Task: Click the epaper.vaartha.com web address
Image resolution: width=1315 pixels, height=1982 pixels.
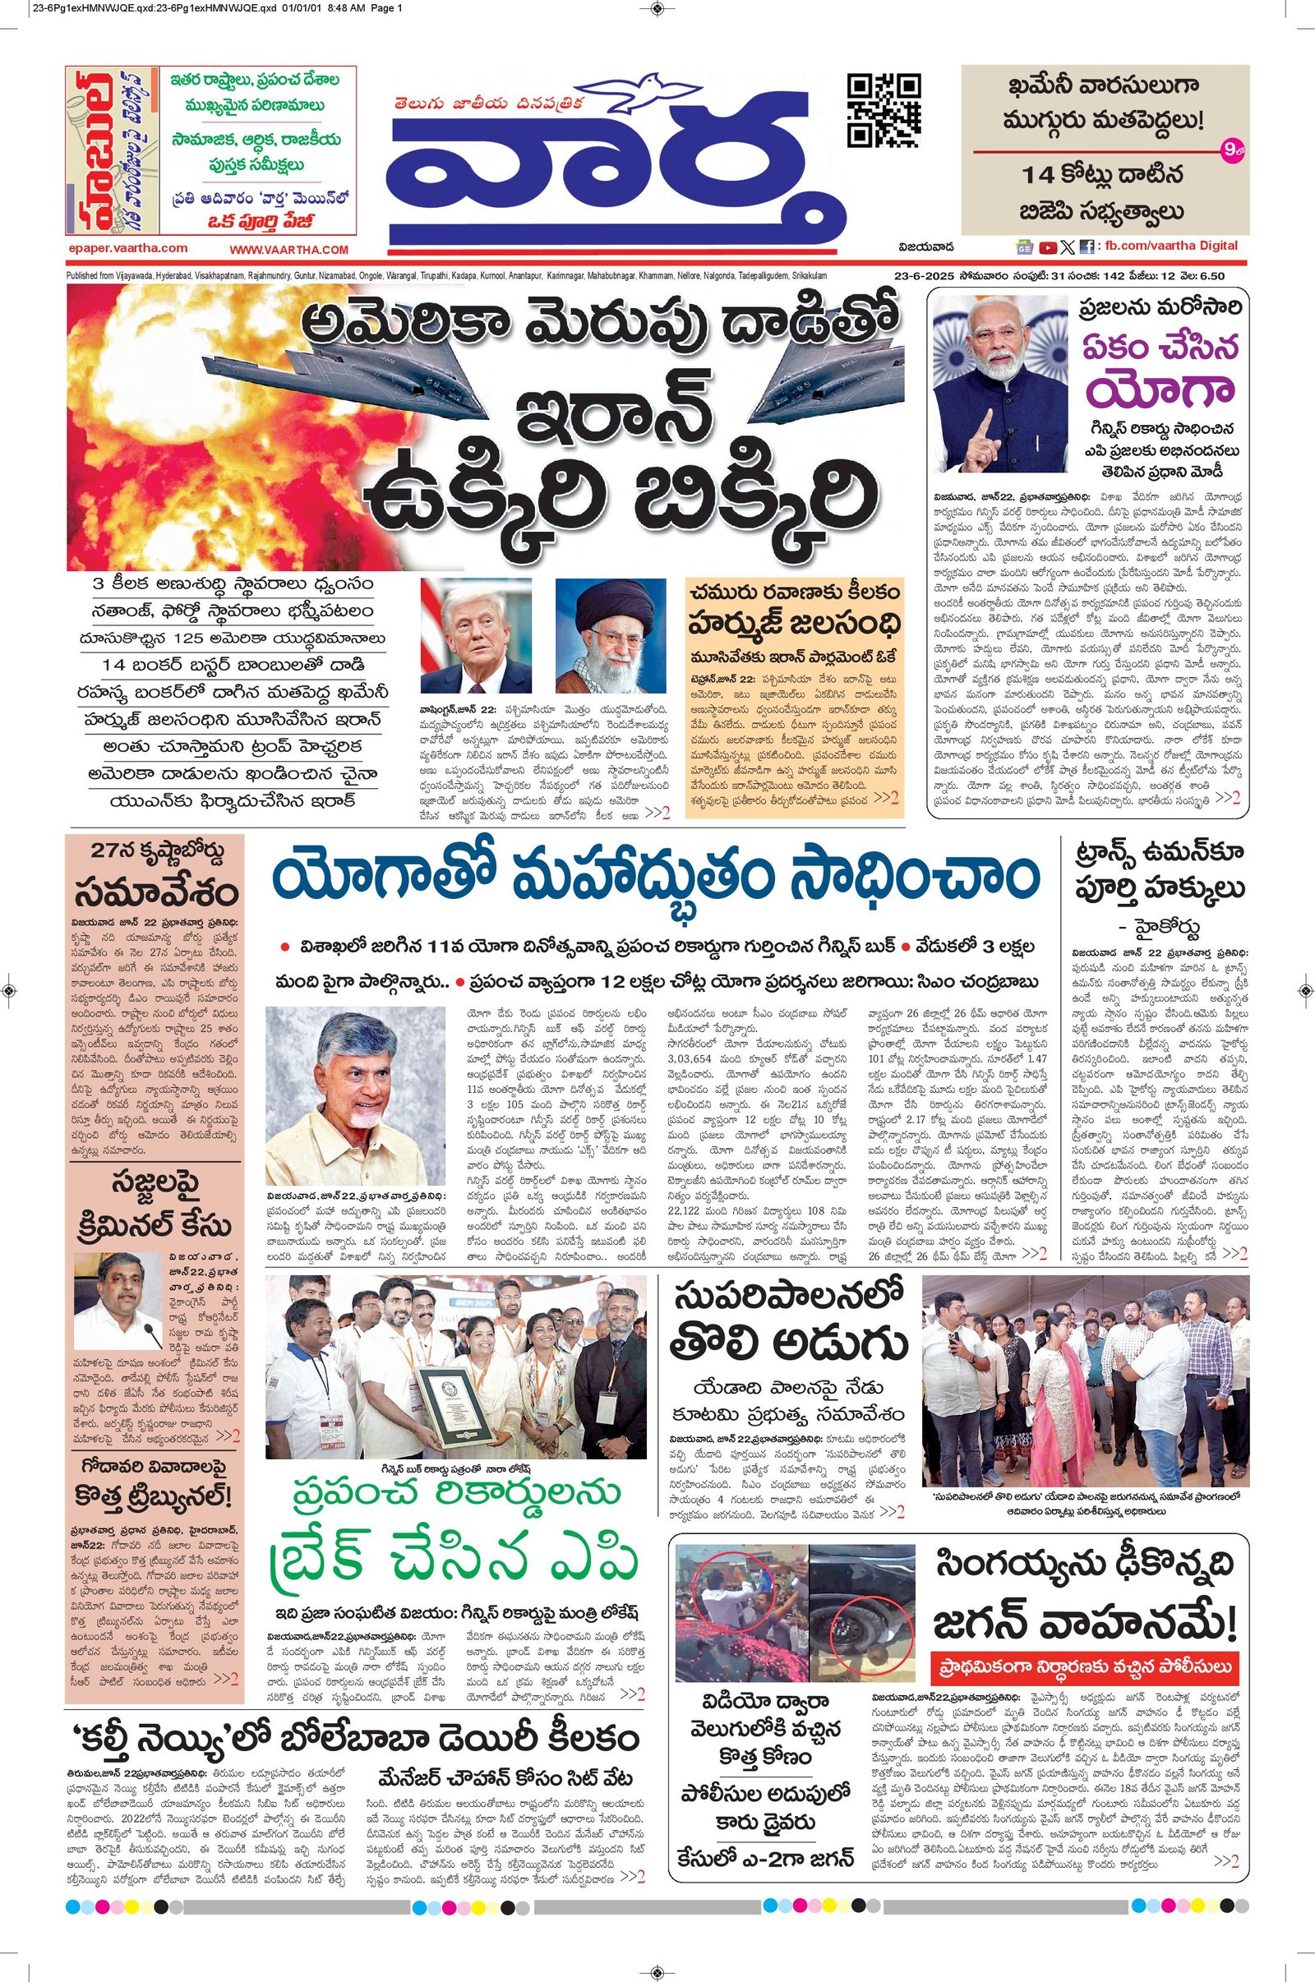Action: pos(128,249)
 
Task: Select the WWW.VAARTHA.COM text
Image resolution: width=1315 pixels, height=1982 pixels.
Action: pos(288,250)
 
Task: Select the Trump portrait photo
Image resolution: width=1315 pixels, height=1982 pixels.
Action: pos(476,634)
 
